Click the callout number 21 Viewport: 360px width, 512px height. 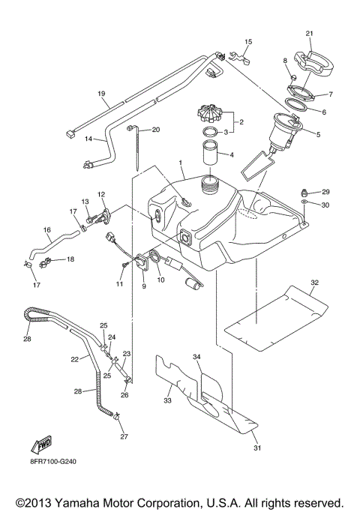click(x=310, y=34)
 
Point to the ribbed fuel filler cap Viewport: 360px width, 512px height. click(x=208, y=118)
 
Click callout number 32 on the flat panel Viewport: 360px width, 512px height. click(x=315, y=283)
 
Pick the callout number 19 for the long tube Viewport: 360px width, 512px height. click(x=100, y=94)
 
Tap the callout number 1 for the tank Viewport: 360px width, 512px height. click(x=180, y=163)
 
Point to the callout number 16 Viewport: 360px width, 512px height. click(x=46, y=229)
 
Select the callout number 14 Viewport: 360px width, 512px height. click(x=88, y=139)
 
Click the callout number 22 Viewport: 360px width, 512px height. click(x=75, y=360)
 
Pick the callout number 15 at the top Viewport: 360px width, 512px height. click(x=248, y=41)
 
